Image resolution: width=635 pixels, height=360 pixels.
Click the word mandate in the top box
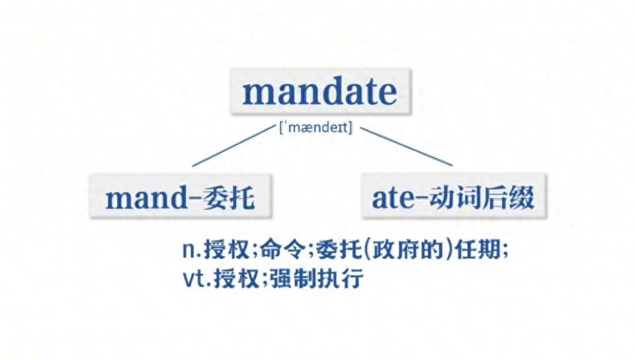click(x=319, y=93)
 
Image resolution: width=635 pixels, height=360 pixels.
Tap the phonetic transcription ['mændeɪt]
click(x=316, y=128)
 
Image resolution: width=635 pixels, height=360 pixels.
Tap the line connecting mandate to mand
click(x=233, y=146)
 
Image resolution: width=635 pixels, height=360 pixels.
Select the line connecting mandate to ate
click(x=406, y=146)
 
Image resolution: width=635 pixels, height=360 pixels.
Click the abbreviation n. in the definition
click(x=192, y=250)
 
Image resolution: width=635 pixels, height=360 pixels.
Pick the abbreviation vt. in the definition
click(x=197, y=279)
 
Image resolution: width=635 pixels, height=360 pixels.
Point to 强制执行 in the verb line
click(x=317, y=278)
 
